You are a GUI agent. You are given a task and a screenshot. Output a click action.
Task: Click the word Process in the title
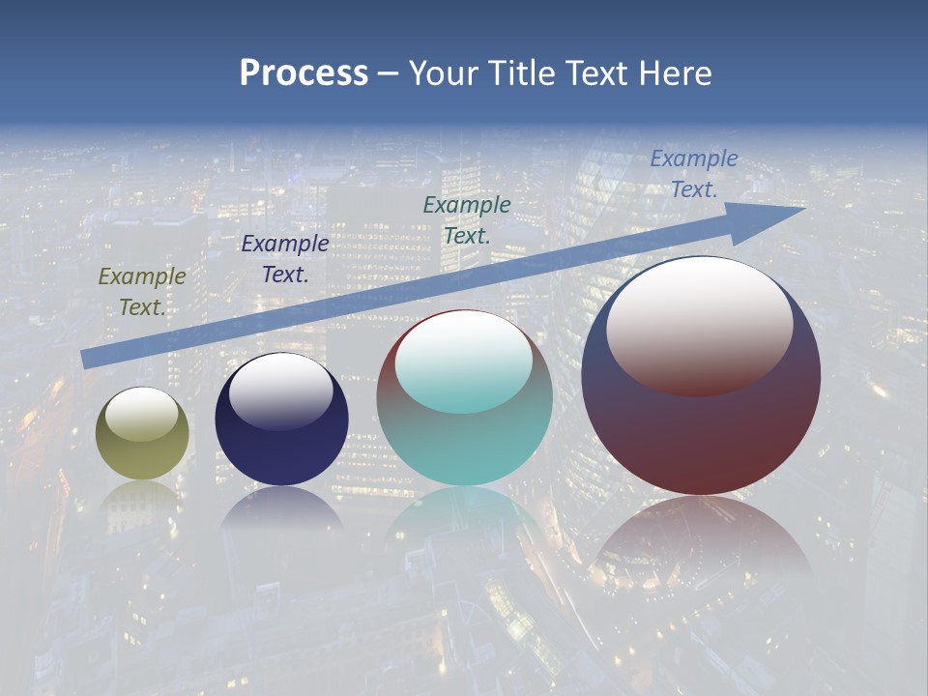click(x=304, y=72)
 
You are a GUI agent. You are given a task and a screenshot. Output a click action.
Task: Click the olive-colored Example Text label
click(x=141, y=292)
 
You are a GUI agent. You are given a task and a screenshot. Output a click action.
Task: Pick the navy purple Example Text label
click(x=284, y=259)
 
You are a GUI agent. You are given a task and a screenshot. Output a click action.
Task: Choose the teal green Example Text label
click(x=467, y=219)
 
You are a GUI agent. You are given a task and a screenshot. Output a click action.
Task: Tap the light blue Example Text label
click(x=693, y=174)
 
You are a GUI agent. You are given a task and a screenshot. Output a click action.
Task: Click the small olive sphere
click(x=142, y=454)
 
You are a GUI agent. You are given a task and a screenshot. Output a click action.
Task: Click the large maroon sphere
click(x=701, y=435)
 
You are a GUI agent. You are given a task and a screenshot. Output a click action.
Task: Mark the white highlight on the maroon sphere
click(x=700, y=325)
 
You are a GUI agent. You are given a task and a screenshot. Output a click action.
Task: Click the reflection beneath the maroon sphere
click(x=701, y=536)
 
